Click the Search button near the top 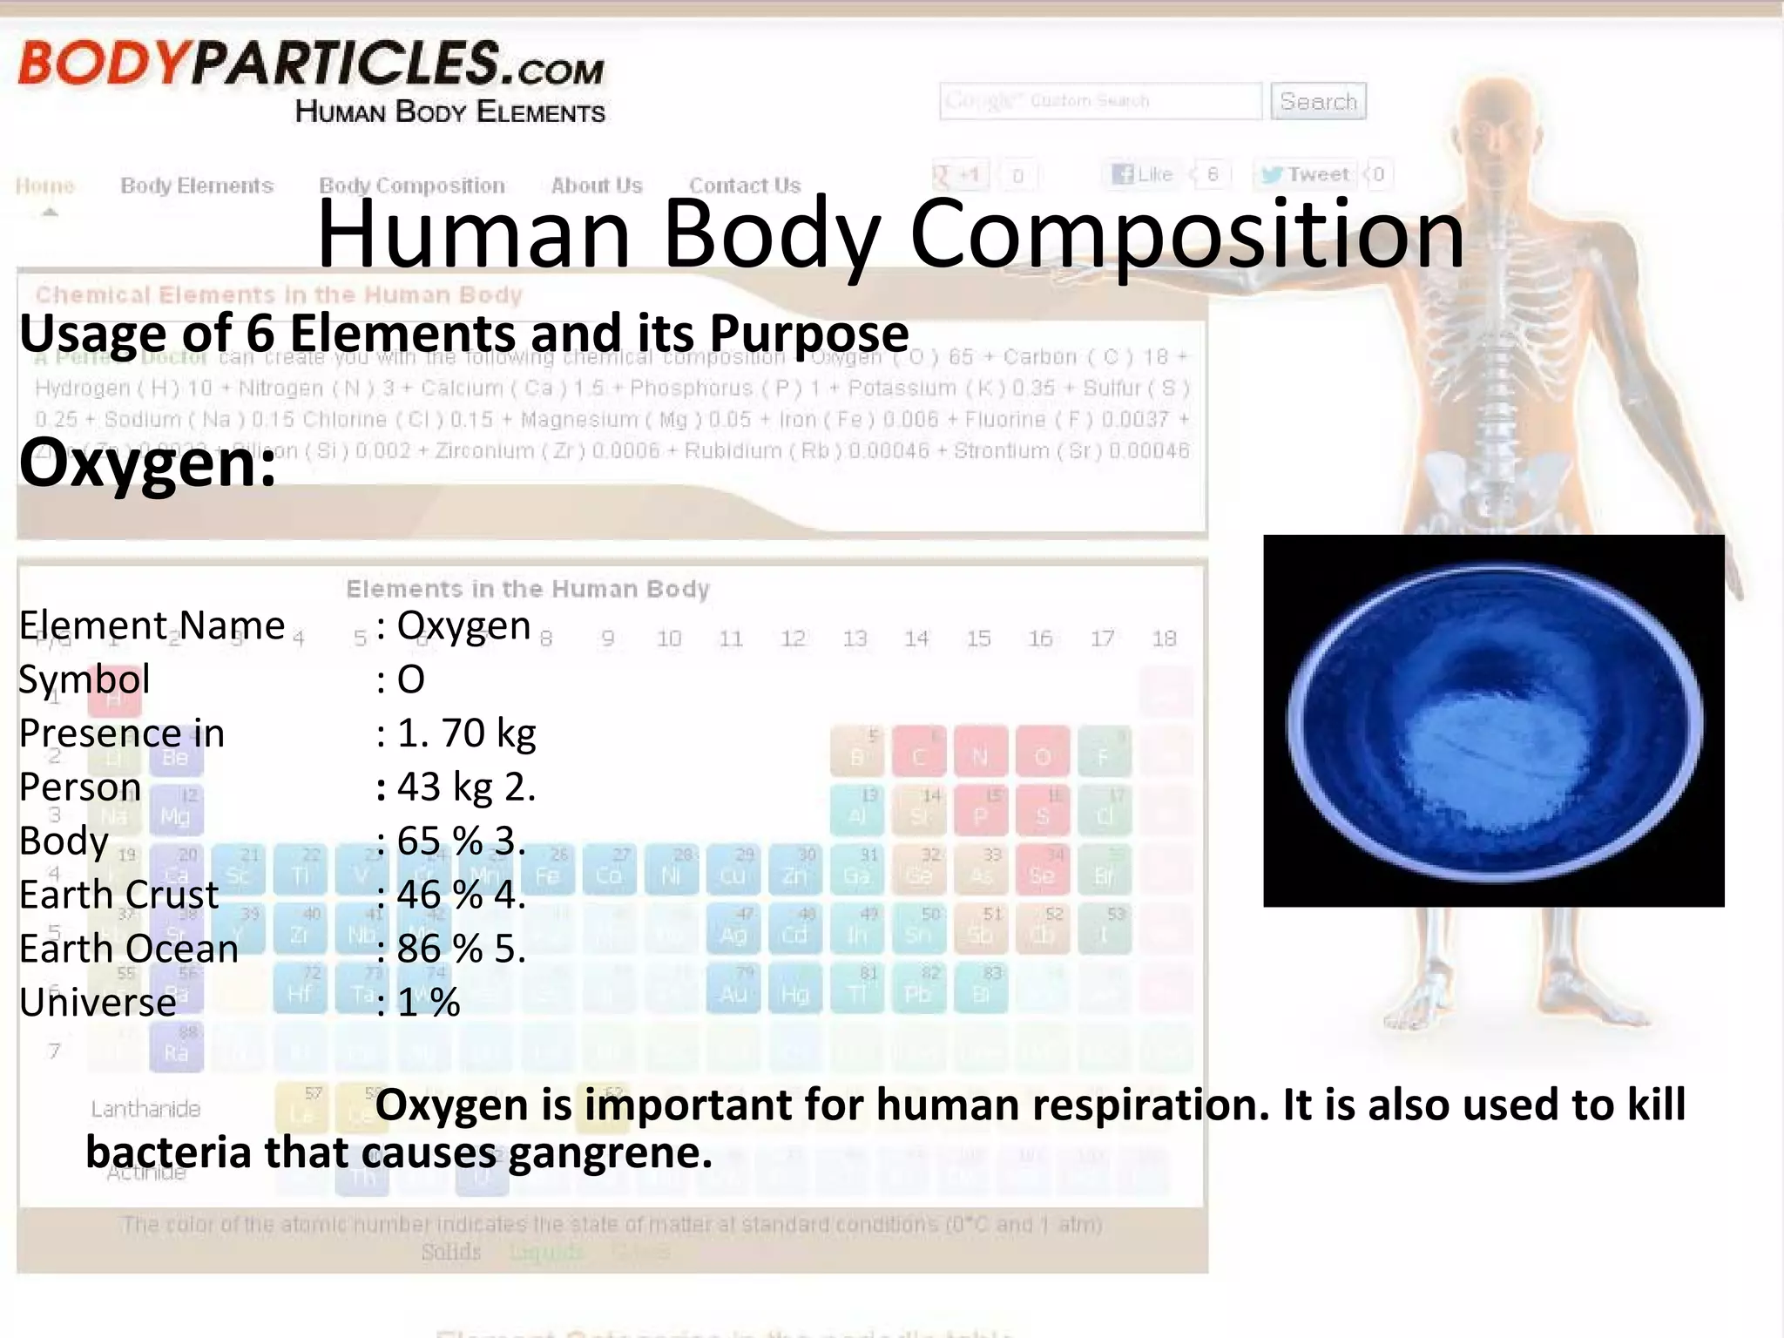coord(1317,101)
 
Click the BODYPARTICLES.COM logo coord(311,64)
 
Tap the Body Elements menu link coord(197,186)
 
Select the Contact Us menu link coord(744,186)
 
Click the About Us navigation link coord(596,186)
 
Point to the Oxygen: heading coord(147,463)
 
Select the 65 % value coord(440,841)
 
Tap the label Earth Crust coord(118,895)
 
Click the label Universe coord(98,1002)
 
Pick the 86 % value coord(440,948)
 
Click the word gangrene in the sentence coord(610,1152)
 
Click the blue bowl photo coord(1493,720)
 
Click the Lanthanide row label coord(145,1109)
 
